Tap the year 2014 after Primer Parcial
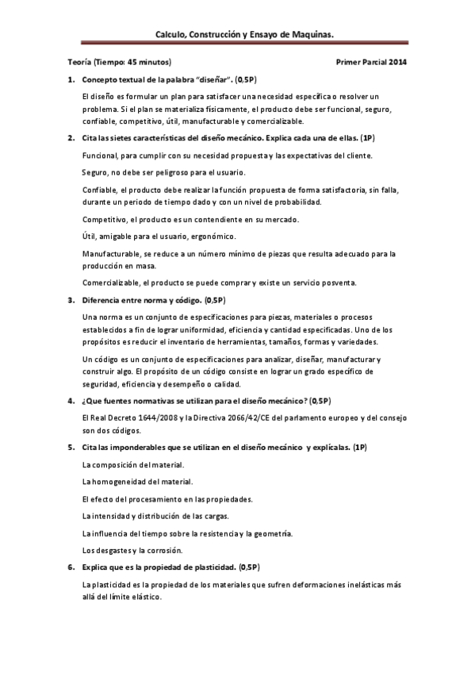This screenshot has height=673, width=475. tap(397, 62)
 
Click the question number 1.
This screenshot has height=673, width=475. tap(71, 80)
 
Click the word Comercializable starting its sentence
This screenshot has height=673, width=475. tap(110, 283)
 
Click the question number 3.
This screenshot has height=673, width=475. tap(71, 301)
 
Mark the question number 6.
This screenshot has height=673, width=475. tap(71, 567)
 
